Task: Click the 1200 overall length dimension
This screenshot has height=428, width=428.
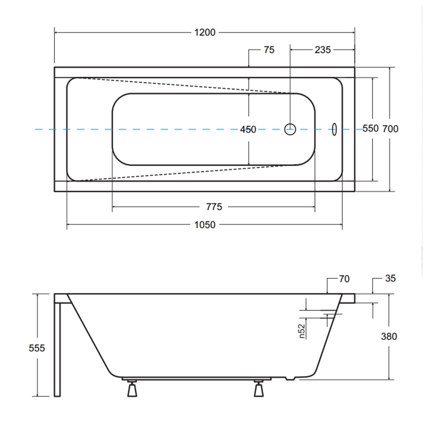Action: (205, 33)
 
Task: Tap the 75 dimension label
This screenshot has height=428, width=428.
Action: (269, 50)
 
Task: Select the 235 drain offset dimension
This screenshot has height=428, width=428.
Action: (322, 50)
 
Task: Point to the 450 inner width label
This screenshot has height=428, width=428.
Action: (248, 130)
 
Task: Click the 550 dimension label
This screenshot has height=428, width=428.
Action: (370, 129)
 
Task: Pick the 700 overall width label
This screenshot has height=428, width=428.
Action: (390, 129)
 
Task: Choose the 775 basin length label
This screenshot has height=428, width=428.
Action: (214, 207)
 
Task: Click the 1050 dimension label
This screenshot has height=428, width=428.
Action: (205, 225)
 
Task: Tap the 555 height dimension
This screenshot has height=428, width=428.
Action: (37, 348)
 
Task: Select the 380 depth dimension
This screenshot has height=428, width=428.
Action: (389, 336)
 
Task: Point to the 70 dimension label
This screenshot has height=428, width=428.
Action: (344, 279)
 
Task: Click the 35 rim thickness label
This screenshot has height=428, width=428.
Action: (390, 278)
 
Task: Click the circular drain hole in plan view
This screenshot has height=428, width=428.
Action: (290, 129)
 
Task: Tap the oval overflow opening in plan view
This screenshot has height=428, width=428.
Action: (334, 129)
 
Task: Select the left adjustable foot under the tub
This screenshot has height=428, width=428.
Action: (132, 389)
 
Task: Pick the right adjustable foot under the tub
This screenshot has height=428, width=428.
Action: (259, 389)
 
